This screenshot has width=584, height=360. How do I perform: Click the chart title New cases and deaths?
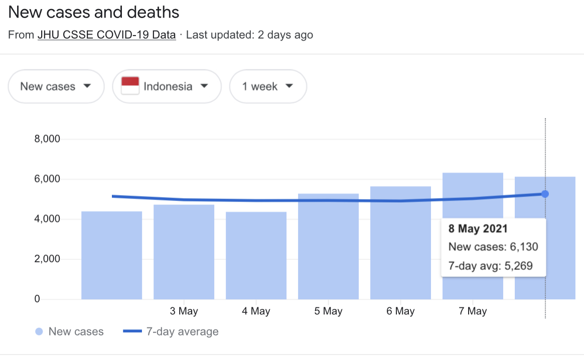pos(94,13)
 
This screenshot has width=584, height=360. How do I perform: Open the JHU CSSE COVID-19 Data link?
pos(106,35)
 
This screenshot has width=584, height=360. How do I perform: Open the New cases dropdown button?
pos(56,86)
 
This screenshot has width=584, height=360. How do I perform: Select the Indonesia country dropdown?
pos(167,86)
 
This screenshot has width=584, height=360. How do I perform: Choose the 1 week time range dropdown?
pos(268,86)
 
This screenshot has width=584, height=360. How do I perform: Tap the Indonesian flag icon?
pos(130,86)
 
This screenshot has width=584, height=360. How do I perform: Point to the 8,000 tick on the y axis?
pos(47,139)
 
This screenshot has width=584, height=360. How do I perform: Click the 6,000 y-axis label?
pos(47,179)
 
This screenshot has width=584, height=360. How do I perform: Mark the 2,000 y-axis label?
pos(47,259)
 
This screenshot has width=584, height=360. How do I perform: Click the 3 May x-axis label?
pos(184,311)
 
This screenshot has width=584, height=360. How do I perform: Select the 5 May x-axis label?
pos(328,311)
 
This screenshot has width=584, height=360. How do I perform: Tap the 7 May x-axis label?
pos(473,311)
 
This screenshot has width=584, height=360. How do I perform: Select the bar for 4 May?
pos(256,256)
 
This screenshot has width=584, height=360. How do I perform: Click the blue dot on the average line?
pos(545,194)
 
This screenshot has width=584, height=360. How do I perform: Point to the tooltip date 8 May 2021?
pos(478,229)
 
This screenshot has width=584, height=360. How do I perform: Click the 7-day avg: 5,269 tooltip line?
pos(490,266)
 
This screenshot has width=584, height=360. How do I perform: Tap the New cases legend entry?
pos(70,332)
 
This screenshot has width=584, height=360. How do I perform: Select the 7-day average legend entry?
pos(171,332)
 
